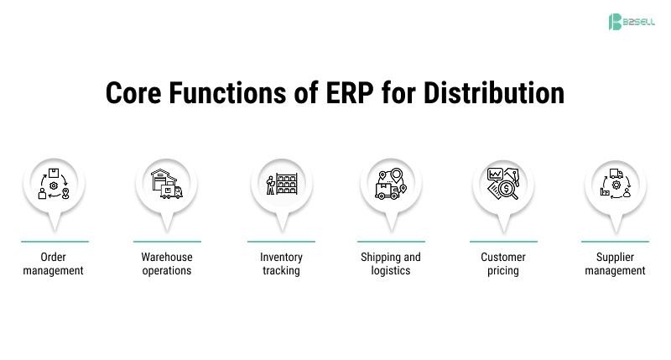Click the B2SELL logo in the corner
pyautogui.click(x=631, y=22)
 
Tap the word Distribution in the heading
pyautogui.click(x=493, y=92)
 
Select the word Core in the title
pyautogui.click(x=133, y=92)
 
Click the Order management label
pyautogui.click(x=54, y=263)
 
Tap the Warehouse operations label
pyautogui.click(x=167, y=263)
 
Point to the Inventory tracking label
pyautogui.click(x=281, y=263)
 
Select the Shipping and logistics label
pyautogui.click(x=391, y=263)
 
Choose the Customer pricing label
pyautogui.click(x=503, y=263)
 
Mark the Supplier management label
pyautogui.click(x=615, y=263)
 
